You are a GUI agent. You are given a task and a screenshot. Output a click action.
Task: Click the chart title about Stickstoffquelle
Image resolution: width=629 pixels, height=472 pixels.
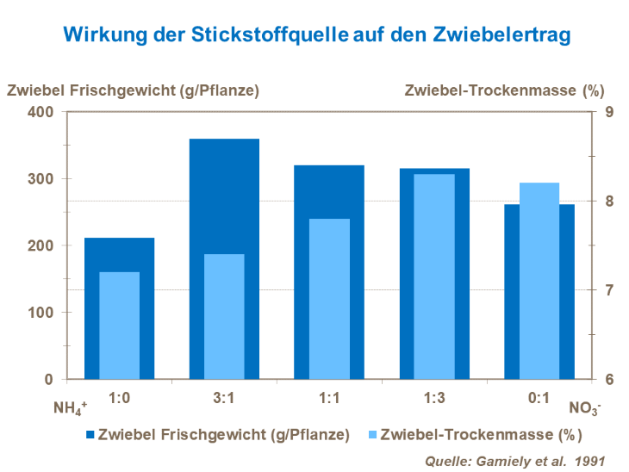tap(316, 35)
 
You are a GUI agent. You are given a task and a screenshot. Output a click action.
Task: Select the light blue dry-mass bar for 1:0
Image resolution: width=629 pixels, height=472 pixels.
tap(119, 326)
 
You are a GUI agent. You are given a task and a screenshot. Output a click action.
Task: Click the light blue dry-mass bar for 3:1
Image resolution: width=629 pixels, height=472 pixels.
tap(224, 316)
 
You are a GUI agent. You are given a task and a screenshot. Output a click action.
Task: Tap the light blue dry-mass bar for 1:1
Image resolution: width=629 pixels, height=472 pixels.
tap(329, 299)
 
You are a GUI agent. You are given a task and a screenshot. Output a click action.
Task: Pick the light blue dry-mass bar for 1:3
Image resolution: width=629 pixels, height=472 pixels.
tap(434, 276)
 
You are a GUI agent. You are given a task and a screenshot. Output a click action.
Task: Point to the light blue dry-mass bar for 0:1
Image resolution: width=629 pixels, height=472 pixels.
tap(539, 281)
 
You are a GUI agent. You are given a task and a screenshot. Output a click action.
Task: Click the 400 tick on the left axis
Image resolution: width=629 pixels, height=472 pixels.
tap(42, 112)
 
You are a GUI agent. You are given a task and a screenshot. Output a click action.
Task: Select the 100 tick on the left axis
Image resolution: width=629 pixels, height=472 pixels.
tap(42, 313)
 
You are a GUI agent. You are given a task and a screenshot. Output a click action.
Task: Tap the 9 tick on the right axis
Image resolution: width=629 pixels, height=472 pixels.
tap(608, 112)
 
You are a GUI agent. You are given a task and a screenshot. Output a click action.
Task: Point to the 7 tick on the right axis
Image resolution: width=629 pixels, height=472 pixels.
tap(608, 290)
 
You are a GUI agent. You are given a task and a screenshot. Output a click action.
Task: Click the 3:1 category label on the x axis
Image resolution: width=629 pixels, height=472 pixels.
tap(224, 398)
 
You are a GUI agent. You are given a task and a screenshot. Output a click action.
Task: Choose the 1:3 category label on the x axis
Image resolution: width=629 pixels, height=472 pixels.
tap(434, 398)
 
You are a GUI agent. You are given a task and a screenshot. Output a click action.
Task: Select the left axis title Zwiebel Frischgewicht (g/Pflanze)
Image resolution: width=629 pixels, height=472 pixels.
tap(134, 90)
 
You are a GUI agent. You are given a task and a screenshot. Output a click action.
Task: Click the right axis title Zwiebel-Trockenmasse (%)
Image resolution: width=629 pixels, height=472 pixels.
tap(504, 90)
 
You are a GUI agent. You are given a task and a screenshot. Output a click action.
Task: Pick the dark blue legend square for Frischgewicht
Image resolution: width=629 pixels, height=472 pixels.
tap(90, 435)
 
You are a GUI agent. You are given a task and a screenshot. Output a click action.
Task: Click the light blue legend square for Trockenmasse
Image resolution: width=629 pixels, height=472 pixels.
tap(371, 435)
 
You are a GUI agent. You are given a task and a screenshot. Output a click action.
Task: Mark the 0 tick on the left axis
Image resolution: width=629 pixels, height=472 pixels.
tap(48, 380)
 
